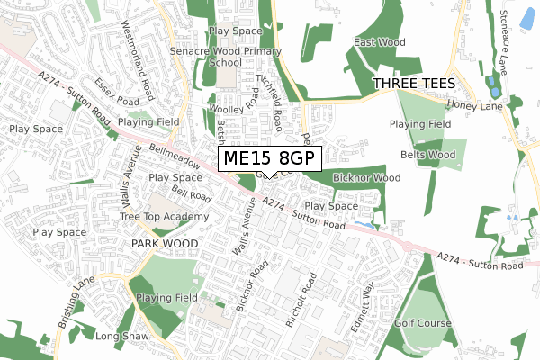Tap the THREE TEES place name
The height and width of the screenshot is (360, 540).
pyautogui.click(x=415, y=83)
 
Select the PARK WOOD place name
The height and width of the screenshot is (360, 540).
pyautogui.click(x=164, y=244)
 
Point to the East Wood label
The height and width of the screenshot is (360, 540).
pyautogui.click(x=379, y=42)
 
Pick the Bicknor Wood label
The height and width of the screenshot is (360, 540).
pyautogui.click(x=366, y=178)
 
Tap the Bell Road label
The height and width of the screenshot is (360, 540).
pyautogui.click(x=191, y=193)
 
